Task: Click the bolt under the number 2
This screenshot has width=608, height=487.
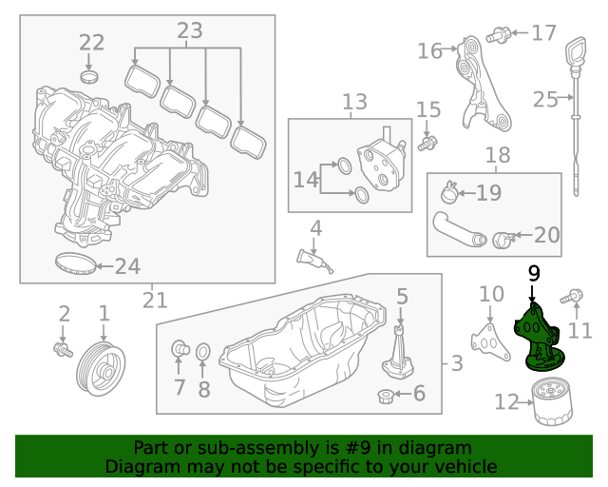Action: (x=64, y=350)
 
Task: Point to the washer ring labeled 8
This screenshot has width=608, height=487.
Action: (x=203, y=355)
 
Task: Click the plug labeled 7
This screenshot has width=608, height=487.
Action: (x=178, y=351)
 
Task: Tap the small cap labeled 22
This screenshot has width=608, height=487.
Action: (x=90, y=75)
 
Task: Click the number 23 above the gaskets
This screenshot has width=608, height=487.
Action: (x=189, y=31)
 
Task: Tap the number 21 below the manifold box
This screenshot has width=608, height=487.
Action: (x=154, y=301)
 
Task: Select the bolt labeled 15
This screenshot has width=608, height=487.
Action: (x=428, y=143)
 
